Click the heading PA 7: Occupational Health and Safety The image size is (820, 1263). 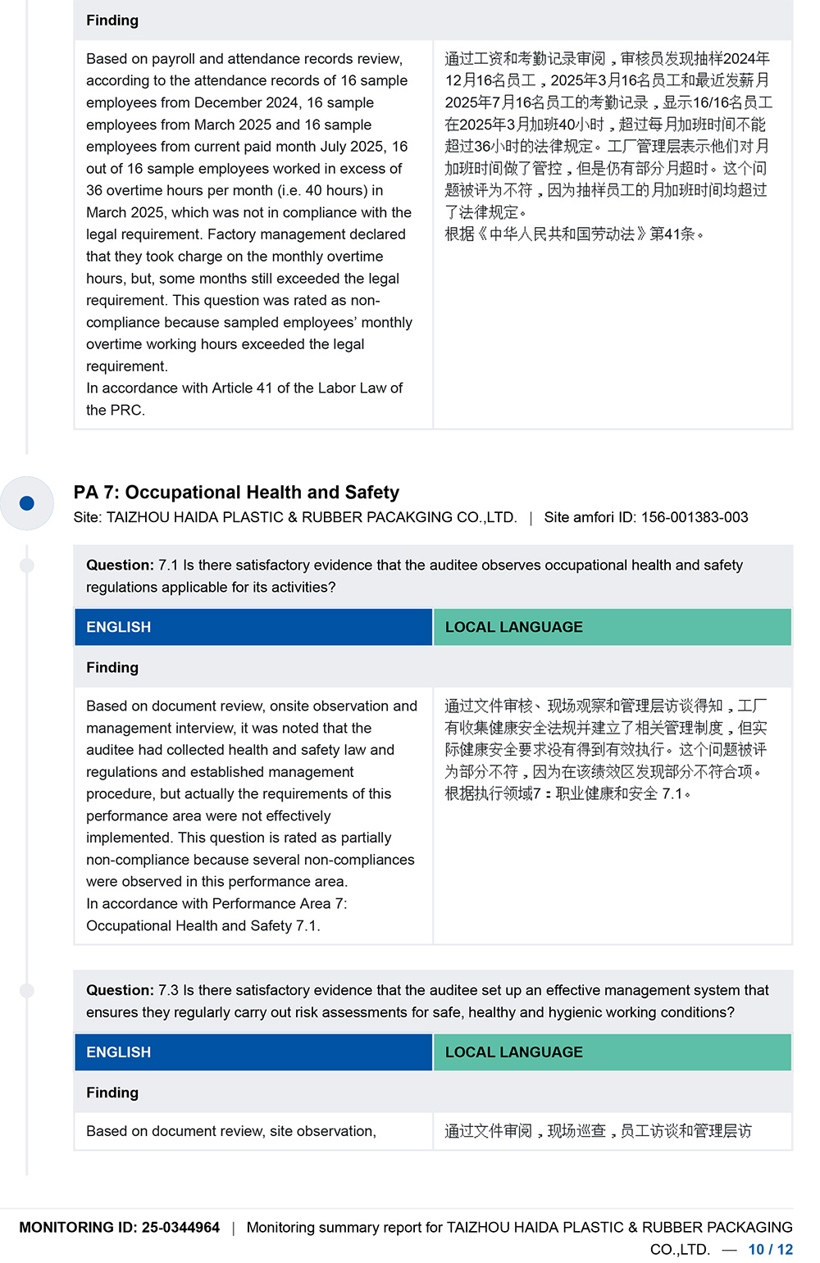[236, 492]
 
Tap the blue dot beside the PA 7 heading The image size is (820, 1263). [27, 502]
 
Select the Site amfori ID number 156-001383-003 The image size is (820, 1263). [695, 517]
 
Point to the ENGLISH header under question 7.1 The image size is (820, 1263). [119, 627]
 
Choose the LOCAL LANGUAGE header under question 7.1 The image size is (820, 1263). [514, 627]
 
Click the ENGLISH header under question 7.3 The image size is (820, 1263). [119, 1052]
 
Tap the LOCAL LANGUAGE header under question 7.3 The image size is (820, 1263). [514, 1052]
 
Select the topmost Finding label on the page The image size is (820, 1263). [112, 20]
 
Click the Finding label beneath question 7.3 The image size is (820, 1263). [112, 1093]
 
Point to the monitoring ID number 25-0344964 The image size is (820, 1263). [180, 1227]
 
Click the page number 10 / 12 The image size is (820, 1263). [770, 1249]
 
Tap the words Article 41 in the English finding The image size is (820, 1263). [242, 388]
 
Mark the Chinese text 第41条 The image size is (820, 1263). [672, 234]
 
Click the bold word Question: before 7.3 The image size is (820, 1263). [120, 990]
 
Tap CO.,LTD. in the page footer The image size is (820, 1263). [680, 1249]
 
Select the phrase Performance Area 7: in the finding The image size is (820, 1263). [280, 903]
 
